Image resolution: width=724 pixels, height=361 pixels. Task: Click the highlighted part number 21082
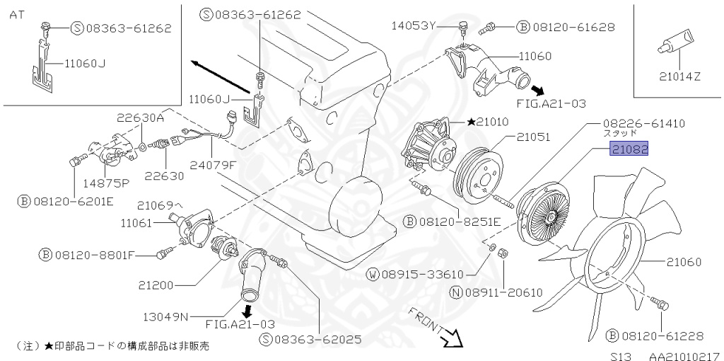click(x=630, y=149)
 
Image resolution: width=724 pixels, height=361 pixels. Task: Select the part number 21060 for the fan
click(x=684, y=262)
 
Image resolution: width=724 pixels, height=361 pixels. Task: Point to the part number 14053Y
click(x=414, y=26)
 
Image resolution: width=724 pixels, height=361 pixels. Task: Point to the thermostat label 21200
click(x=156, y=285)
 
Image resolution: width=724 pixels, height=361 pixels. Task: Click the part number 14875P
click(x=105, y=182)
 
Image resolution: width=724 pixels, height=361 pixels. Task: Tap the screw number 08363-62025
click(x=317, y=339)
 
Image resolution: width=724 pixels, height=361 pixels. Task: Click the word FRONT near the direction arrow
click(x=424, y=319)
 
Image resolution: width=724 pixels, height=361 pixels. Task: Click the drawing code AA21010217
click(x=684, y=352)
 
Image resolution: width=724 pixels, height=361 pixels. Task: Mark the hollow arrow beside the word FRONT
click(x=450, y=338)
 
